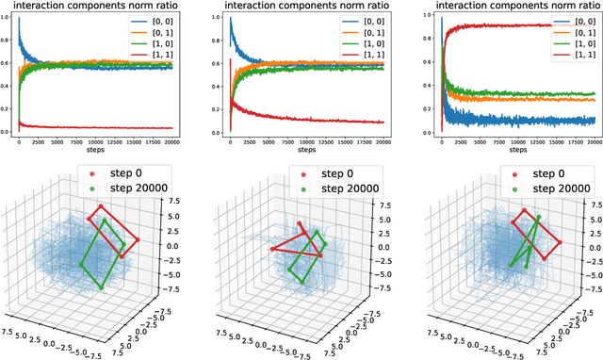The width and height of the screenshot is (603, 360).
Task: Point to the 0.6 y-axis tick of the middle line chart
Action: (215, 65)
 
